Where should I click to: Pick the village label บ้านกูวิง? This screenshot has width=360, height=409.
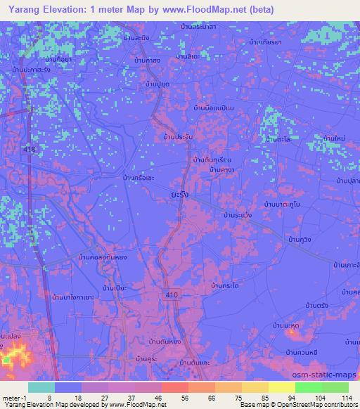(x=300, y=240)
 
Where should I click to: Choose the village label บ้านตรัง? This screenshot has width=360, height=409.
(x=319, y=305)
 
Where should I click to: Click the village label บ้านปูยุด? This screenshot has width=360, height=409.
(x=159, y=84)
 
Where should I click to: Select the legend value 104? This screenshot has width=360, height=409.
(x=308, y=397)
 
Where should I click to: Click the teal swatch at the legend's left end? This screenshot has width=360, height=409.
(x=41, y=387)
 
